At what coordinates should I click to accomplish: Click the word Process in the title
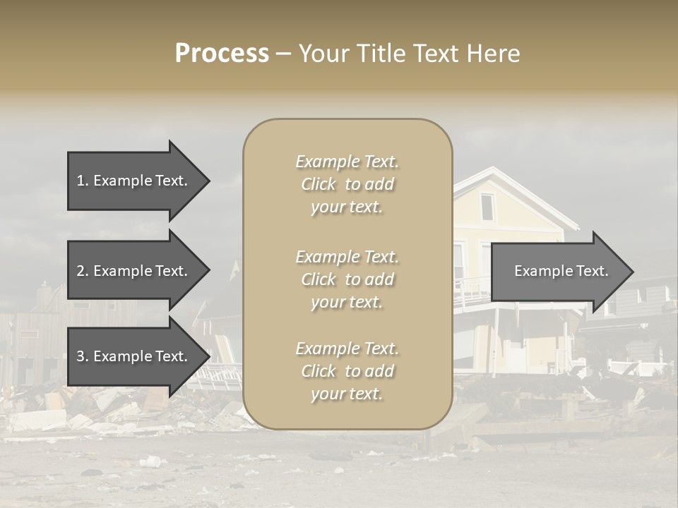(x=222, y=54)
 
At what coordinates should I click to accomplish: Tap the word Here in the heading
(x=493, y=54)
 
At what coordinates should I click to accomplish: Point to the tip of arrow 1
(x=208, y=181)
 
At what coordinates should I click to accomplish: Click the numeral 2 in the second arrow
(x=81, y=271)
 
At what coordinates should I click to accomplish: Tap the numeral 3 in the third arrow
(x=81, y=356)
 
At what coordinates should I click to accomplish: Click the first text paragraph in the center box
(x=347, y=184)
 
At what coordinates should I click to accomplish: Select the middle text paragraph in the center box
(x=347, y=279)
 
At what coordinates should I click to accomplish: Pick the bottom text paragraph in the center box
(x=347, y=371)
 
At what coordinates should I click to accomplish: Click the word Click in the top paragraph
(x=319, y=184)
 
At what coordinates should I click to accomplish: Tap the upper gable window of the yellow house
(x=487, y=206)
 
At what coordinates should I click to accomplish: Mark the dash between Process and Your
(x=284, y=54)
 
